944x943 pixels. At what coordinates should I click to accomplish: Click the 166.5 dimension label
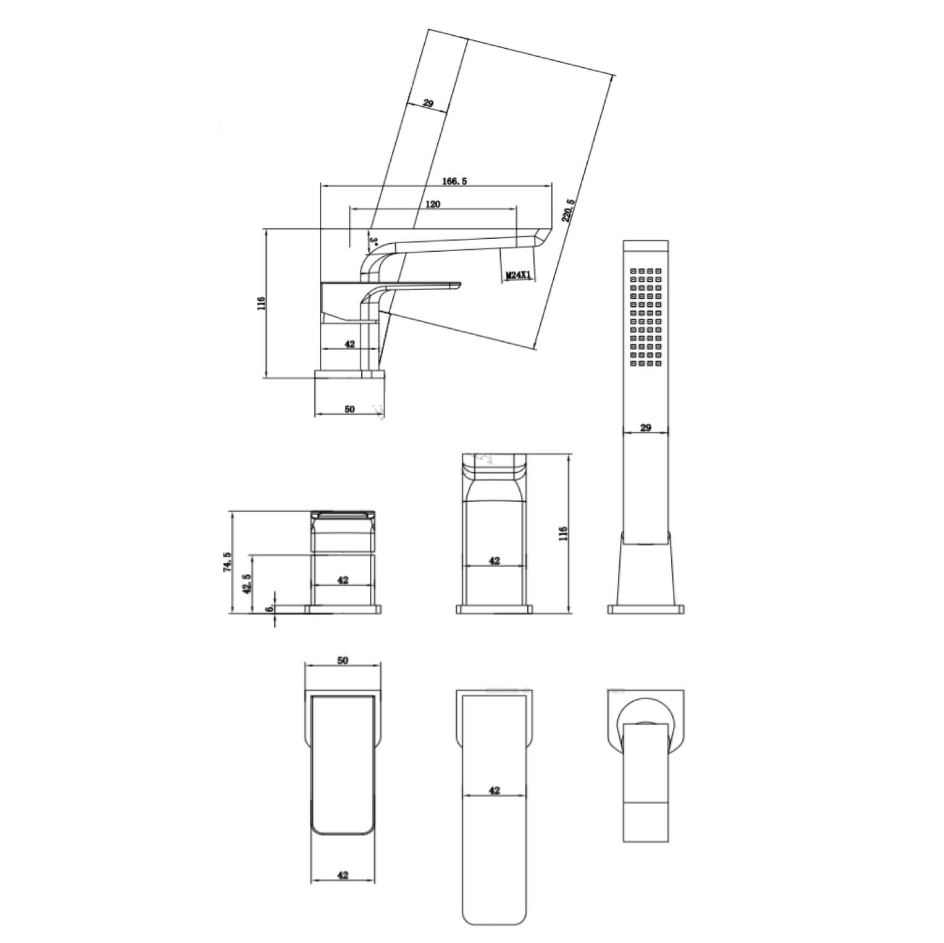click(x=455, y=181)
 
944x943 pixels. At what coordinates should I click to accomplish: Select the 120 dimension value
click(x=432, y=205)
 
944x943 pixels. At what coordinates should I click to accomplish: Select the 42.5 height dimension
click(x=247, y=584)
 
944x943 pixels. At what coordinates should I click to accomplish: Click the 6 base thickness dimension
click(x=269, y=608)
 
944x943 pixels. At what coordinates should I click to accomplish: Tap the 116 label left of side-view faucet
click(x=261, y=304)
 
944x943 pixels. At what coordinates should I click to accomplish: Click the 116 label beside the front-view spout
click(x=562, y=534)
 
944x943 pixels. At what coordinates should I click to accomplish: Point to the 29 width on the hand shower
click(x=646, y=428)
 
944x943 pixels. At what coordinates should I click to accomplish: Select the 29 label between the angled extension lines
click(x=428, y=103)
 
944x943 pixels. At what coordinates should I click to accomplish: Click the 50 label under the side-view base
click(x=349, y=409)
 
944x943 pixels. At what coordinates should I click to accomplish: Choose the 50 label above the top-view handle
click(x=343, y=660)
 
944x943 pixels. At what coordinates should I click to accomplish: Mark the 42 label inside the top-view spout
click(x=494, y=791)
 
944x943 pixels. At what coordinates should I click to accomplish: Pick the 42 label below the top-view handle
click(x=343, y=874)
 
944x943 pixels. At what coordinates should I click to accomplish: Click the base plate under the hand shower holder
click(x=646, y=609)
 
